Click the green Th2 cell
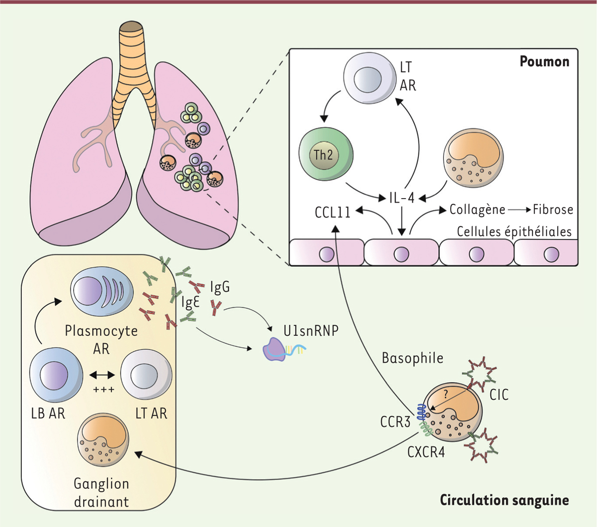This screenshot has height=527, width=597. pyautogui.click(x=326, y=155)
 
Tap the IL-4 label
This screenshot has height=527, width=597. pyautogui.click(x=401, y=198)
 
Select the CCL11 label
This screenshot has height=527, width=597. pyautogui.click(x=332, y=212)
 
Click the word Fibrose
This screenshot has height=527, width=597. pyautogui.click(x=553, y=210)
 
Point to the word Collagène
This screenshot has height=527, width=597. pyautogui.click(x=477, y=210)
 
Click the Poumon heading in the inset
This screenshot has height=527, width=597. pyautogui.click(x=544, y=62)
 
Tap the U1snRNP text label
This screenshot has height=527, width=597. pyautogui.click(x=311, y=330)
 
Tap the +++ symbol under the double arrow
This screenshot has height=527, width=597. pyautogui.click(x=103, y=389)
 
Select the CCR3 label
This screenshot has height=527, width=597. pyautogui.click(x=396, y=422)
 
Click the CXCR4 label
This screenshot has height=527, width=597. pyautogui.click(x=426, y=452)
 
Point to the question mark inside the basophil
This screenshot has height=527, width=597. pyautogui.click(x=446, y=393)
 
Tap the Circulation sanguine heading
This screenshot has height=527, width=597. pyautogui.click(x=504, y=500)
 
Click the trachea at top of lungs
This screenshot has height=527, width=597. pyautogui.click(x=132, y=55)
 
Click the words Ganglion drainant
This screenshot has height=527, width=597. pyautogui.click(x=101, y=492)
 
